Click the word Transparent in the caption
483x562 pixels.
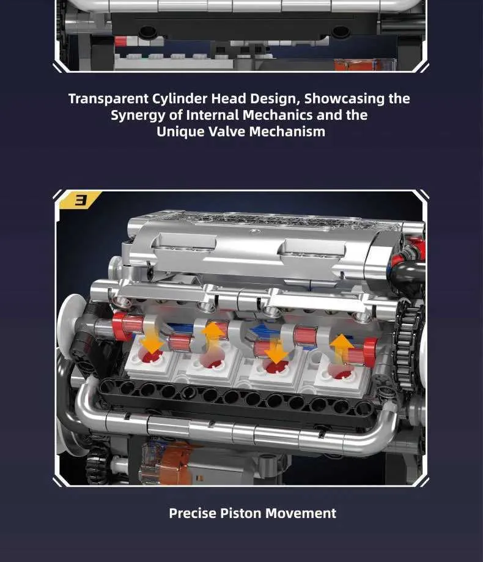(108, 99)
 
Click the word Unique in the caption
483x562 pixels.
(180, 132)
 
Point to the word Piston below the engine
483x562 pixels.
(240, 513)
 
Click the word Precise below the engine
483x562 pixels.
(193, 513)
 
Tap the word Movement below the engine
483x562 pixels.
(301, 513)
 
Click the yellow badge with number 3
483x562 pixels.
(79, 199)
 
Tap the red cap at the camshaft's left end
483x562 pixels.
(120, 326)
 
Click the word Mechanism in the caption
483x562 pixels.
(287, 131)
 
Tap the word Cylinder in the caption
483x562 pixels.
(180, 99)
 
